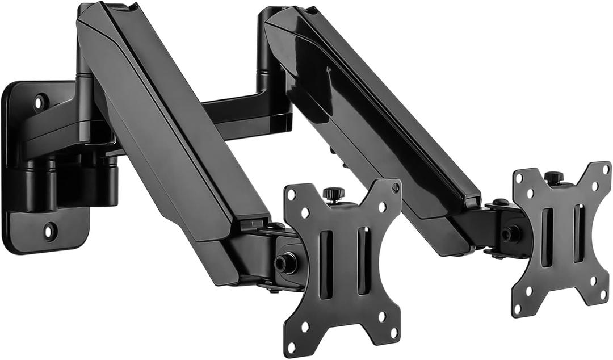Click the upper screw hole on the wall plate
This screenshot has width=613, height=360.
pyautogui.click(x=40, y=103)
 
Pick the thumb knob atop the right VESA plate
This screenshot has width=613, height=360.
pyautogui.click(x=553, y=177)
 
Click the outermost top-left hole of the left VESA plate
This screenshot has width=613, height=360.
pyautogui.click(x=292, y=194)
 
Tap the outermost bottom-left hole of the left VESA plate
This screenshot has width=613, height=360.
pyautogui.click(x=292, y=346)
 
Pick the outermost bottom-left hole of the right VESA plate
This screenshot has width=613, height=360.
pyautogui.click(x=517, y=308)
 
